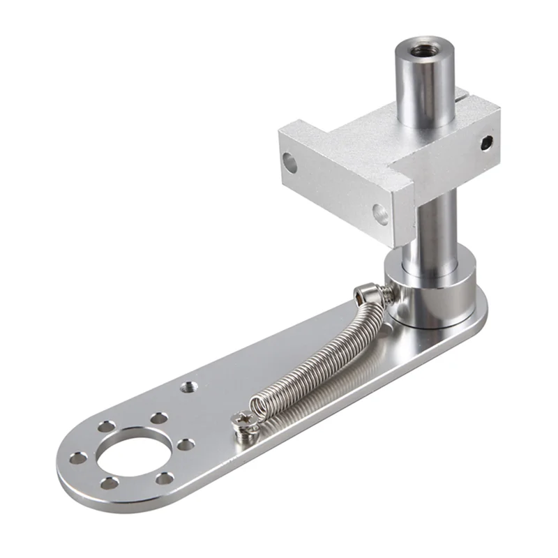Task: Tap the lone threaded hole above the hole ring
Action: click(188, 385)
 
